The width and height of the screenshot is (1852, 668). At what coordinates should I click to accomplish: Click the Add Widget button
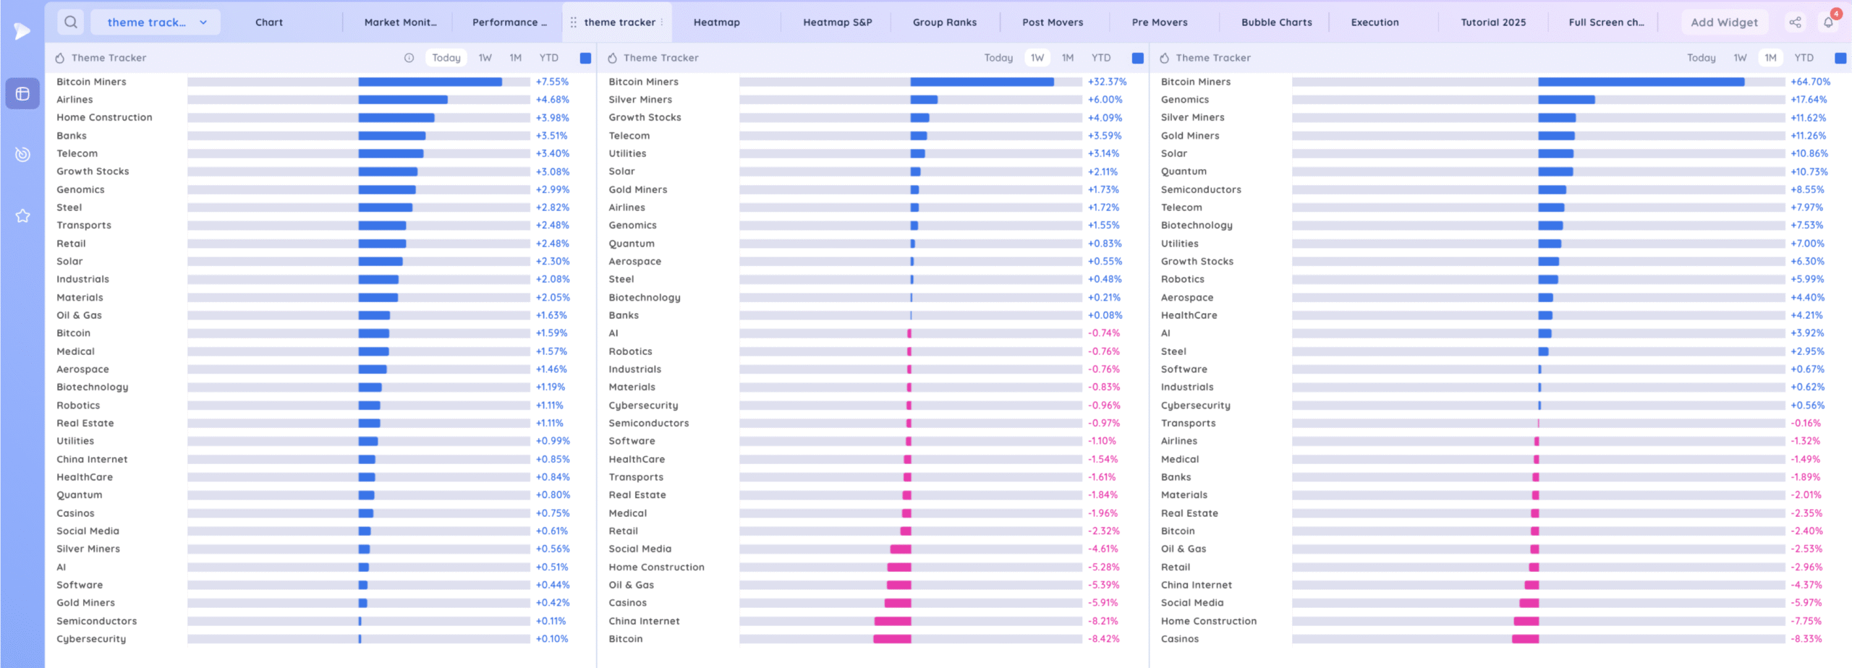point(1724,22)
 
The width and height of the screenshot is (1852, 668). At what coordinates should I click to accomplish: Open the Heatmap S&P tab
point(837,22)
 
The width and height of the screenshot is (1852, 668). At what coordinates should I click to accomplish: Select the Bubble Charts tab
point(1276,22)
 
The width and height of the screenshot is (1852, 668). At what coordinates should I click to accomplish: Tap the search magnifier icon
point(71,22)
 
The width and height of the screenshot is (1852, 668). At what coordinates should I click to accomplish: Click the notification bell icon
point(1828,22)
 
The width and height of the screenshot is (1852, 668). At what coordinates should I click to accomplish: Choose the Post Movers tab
point(1053,22)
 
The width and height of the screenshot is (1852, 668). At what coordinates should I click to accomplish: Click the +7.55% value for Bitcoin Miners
point(552,82)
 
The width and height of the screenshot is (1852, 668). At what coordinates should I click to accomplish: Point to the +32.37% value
point(1107,82)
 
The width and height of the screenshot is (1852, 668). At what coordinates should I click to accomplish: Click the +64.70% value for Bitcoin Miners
point(1810,82)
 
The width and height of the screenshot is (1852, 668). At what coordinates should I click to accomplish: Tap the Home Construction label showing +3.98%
point(104,117)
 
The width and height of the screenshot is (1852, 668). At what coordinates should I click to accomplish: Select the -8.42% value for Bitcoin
point(1103,639)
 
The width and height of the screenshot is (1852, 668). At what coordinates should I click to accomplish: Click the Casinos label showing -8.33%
point(1179,639)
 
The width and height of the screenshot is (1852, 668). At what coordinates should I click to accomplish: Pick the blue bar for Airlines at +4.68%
point(403,100)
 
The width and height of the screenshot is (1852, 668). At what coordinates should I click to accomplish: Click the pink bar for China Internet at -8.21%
point(893,621)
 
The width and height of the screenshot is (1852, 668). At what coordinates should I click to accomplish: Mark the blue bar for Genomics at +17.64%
point(1566,100)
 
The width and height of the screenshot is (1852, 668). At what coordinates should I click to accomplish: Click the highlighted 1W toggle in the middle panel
point(1037,58)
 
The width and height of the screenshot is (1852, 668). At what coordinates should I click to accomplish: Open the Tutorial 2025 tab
point(1493,22)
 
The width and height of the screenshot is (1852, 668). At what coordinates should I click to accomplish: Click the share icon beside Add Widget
point(1795,22)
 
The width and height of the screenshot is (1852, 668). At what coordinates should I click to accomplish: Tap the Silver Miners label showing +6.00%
point(640,100)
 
